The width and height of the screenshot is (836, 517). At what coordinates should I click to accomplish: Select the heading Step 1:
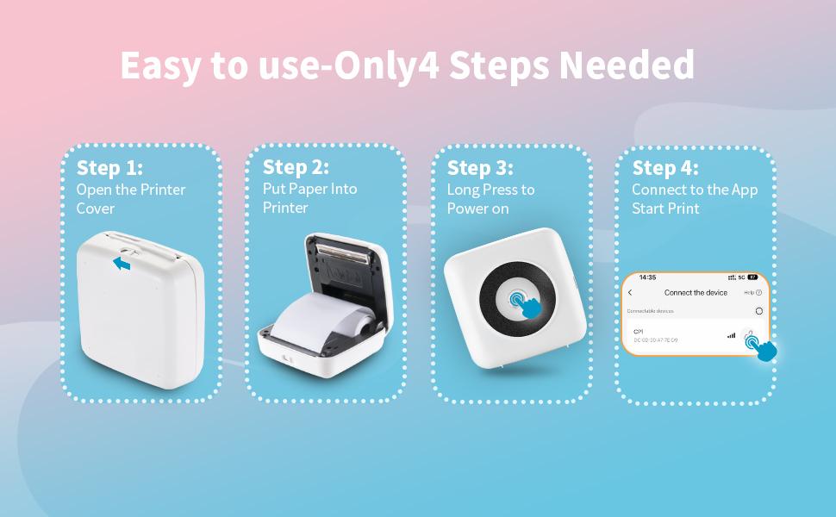pyautogui.click(x=109, y=167)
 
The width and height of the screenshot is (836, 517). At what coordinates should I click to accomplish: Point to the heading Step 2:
pyautogui.click(x=296, y=166)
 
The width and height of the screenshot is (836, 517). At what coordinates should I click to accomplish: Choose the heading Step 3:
pyautogui.click(x=480, y=167)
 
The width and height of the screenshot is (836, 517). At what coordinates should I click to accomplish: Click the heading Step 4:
pyautogui.click(x=664, y=167)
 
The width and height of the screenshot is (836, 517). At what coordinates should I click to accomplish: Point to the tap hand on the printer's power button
pyautogui.click(x=526, y=303)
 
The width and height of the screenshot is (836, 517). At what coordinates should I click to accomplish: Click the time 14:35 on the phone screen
pyautogui.click(x=647, y=277)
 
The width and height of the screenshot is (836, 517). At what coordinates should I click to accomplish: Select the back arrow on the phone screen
pyautogui.click(x=630, y=293)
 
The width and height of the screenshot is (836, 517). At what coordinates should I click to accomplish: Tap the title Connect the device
pyautogui.click(x=696, y=293)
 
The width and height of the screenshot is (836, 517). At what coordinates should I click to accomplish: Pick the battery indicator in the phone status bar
pyautogui.click(x=752, y=277)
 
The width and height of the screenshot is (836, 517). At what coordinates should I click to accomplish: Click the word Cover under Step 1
pyautogui.click(x=95, y=209)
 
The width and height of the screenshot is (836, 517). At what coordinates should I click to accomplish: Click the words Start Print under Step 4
pyautogui.click(x=665, y=209)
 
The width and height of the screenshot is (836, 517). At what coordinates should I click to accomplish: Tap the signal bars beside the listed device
pyautogui.click(x=732, y=335)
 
